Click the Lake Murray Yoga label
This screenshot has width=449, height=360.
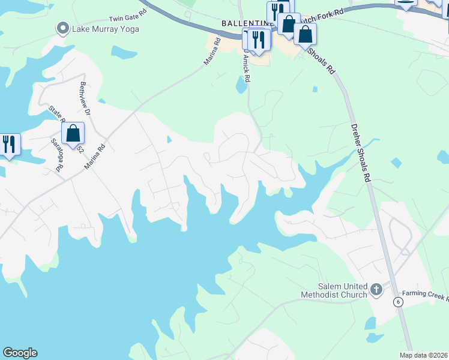[106, 29]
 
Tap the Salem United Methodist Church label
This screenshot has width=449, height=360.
[334, 290]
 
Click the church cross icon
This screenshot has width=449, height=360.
[376, 290]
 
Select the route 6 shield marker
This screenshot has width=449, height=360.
[397, 302]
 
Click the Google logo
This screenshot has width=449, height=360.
[20, 353]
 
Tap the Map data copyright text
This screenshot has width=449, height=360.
[424, 355]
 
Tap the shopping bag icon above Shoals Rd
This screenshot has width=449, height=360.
[305, 34]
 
